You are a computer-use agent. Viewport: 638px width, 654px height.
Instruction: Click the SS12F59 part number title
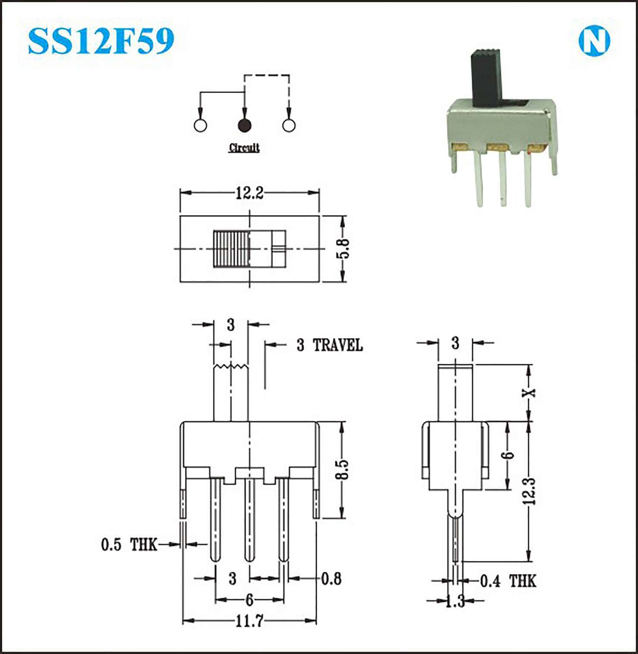(101, 41)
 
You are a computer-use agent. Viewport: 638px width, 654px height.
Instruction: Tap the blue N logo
(594, 41)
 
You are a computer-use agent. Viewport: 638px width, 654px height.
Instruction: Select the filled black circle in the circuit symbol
(245, 125)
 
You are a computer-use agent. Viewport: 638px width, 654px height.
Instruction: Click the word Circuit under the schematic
(244, 148)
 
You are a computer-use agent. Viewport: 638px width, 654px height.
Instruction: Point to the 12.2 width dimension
(249, 193)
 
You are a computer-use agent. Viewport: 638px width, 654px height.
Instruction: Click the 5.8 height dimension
(344, 249)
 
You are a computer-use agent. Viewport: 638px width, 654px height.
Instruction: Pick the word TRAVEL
(338, 345)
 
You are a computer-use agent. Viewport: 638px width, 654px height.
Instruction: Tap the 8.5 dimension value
(342, 469)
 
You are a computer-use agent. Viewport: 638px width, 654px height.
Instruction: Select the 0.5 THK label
(129, 544)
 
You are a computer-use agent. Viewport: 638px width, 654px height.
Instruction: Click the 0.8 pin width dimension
(331, 579)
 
